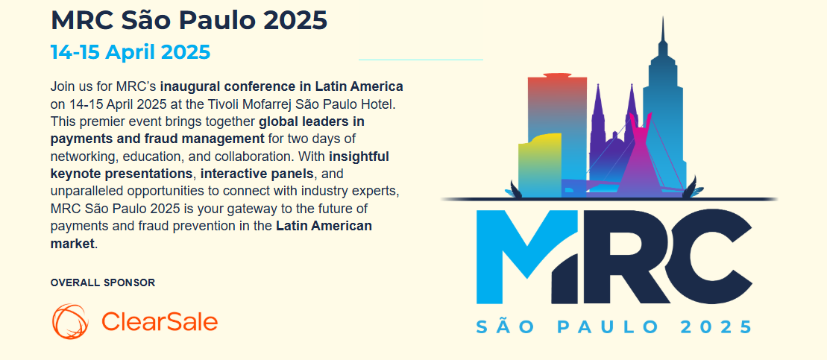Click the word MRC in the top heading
pos(82,20)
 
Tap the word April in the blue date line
pos(130,52)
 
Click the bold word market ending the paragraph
pos(73,244)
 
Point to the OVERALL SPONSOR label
pos(103,283)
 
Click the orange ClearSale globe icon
pos(69,321)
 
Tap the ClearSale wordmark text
pos(159,321)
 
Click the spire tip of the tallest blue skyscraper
pos(663,17)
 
